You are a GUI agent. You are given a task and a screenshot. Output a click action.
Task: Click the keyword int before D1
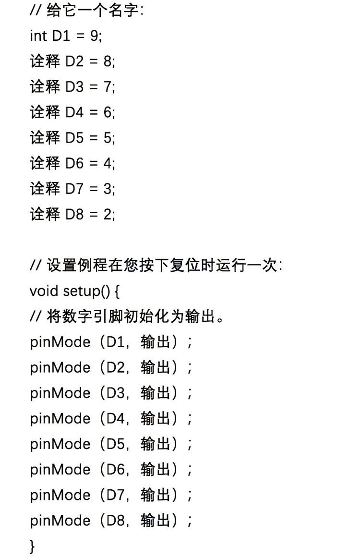(38, 36)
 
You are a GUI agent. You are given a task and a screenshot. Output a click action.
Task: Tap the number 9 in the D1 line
(94, 36)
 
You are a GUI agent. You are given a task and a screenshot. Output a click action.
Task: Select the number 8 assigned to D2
(108, 61)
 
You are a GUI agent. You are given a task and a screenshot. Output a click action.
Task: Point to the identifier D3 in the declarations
(74, 87)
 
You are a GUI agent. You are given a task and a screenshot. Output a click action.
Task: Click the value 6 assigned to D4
(108, 112)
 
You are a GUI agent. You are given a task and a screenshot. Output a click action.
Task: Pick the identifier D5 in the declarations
(74, 138)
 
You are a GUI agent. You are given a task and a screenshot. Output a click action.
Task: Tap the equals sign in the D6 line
(93, 164)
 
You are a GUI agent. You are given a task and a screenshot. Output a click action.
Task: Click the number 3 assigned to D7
(108, 189)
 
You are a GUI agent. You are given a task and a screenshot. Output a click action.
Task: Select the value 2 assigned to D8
(108, 215)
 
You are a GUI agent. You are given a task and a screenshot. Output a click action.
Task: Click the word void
(44, 291)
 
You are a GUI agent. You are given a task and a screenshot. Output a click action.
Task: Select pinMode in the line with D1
(60, 342)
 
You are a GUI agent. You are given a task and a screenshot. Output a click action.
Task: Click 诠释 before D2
(45, 61)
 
